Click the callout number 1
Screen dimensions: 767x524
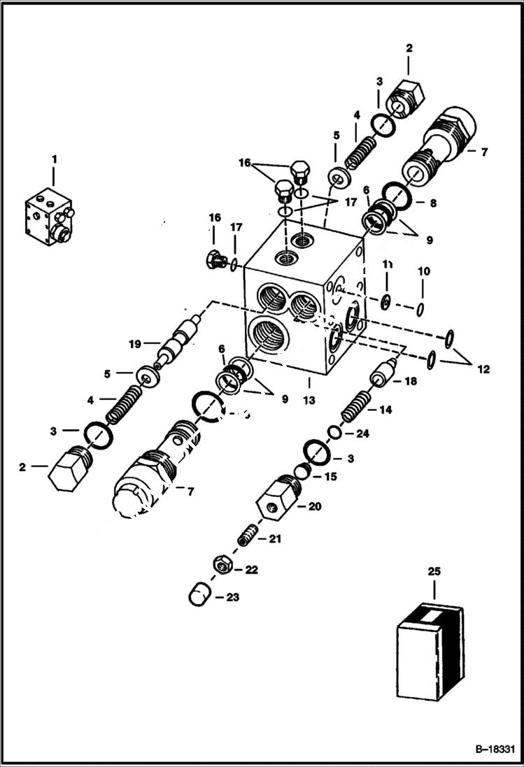[55, 160]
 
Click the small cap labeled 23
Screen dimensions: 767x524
[199, 596]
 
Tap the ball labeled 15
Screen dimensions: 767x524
[301, 471]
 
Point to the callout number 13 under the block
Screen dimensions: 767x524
[308, 401]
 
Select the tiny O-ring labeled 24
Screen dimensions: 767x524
[336, 434]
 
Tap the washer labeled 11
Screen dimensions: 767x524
[385, 303]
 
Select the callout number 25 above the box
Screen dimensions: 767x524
[434, 571]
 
